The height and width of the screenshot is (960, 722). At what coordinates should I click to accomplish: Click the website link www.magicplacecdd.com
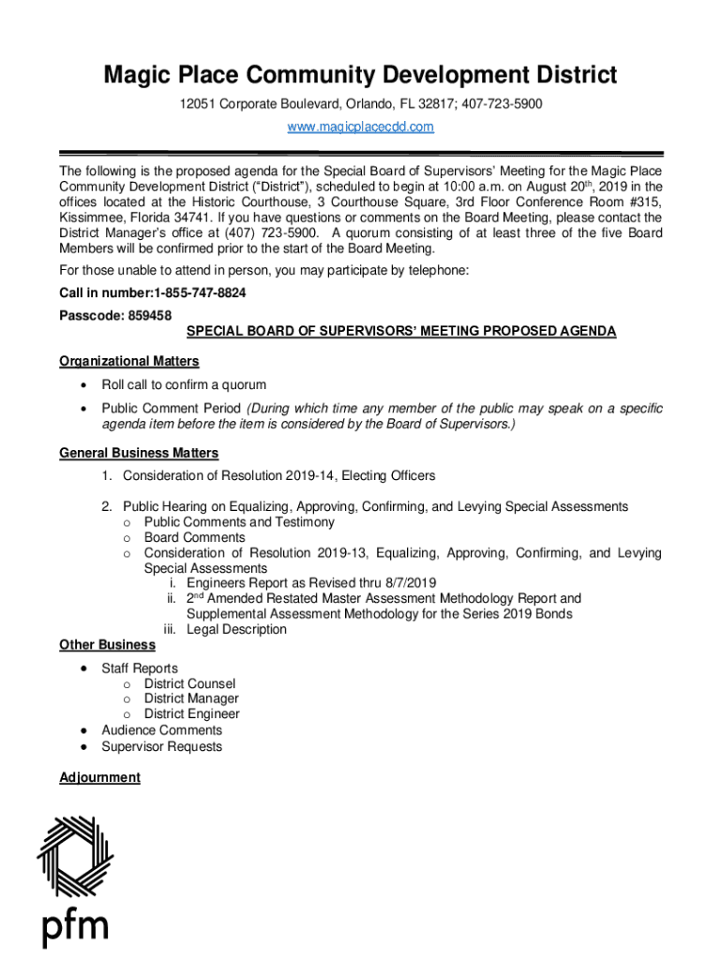click(x=360, y=127)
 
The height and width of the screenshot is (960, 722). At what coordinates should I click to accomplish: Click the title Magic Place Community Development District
click(x=360, y=74)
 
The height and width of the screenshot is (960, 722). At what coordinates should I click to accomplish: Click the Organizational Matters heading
click(x=128, y=361)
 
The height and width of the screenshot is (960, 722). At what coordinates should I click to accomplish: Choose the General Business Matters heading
click(x=139, y=453)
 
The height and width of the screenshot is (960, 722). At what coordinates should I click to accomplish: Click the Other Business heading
click(x=107, y=644)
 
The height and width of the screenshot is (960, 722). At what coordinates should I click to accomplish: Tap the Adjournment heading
click(x=99, y=777)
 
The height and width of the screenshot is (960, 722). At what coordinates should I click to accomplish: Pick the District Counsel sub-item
click(x=189, y=683)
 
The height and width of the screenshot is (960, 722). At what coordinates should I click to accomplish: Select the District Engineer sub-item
click(x=191, y=713)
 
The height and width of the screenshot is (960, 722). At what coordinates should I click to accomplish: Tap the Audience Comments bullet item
click(x=161, y=730)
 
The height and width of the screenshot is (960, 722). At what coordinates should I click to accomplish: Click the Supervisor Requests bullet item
click(x=161, y=746)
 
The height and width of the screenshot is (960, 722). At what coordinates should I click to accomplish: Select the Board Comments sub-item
click(x=194, y=537)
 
